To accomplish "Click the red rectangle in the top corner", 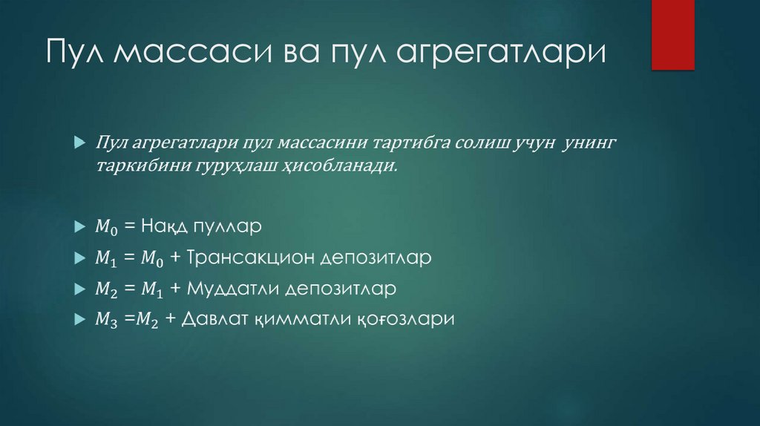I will [x=672, y=34].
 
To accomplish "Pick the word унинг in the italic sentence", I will [x=590, y=141].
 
